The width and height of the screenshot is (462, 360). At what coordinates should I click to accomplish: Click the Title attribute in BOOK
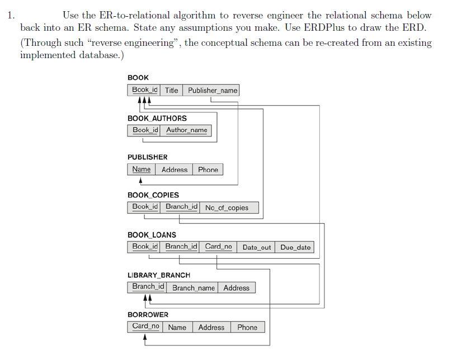[171, 90]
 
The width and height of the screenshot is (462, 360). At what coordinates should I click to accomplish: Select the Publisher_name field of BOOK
[211, 90]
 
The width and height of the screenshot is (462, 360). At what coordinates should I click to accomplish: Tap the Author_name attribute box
[186, 130]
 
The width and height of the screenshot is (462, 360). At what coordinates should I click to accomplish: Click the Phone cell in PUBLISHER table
[208, 169]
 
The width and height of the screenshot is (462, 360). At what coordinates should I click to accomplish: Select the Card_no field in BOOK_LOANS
[218, 247]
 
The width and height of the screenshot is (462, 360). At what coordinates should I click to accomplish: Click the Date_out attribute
[256, 247]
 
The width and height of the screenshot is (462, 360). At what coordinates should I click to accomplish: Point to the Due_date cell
[295, 247]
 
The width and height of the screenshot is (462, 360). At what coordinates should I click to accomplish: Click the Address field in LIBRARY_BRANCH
[237, 287]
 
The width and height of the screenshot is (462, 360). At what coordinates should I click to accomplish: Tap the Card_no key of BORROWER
[145, 327]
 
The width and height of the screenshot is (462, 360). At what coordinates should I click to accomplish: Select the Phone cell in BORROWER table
[247, 327]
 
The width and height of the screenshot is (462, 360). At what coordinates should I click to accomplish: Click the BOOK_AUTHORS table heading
[157, 119]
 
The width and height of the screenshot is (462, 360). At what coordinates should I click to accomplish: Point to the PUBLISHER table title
[147, 157]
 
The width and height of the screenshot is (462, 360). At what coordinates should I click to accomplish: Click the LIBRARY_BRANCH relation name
[159, 275]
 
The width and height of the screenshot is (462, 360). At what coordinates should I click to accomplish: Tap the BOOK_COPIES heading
[153, 195]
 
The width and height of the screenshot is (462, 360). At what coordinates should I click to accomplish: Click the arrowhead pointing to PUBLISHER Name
[141, 180]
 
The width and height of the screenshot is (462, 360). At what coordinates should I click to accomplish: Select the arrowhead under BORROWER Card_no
[145, 337]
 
